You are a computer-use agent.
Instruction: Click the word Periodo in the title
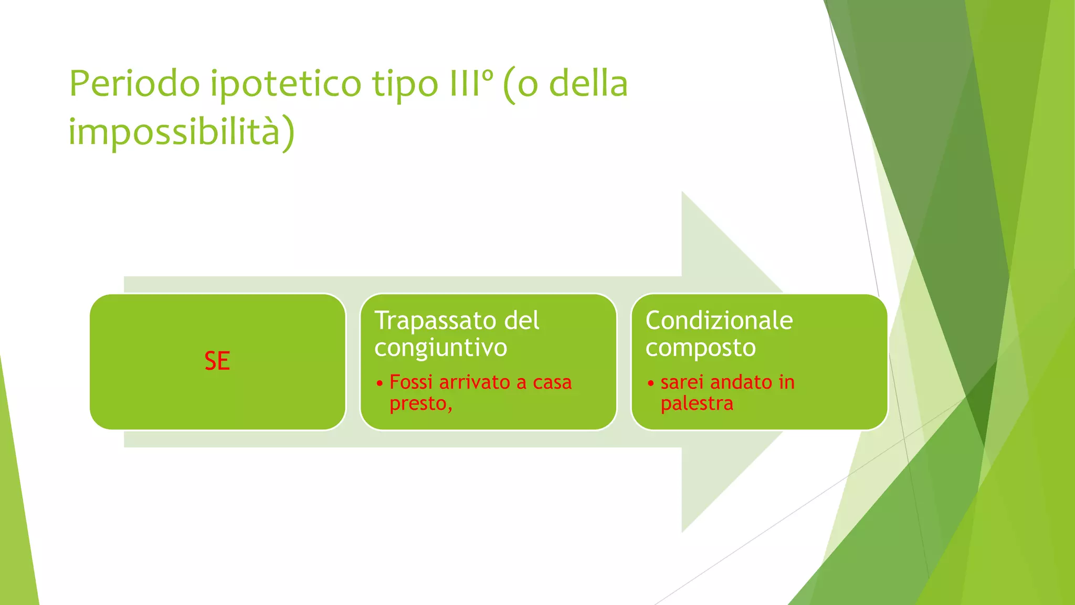(134, 84)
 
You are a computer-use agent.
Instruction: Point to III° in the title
(471, 84)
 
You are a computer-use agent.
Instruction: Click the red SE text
(217, 361)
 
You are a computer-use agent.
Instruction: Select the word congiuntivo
(440, 348)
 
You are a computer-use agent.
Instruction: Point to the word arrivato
(475, 382)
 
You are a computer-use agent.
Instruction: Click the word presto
(420, 404)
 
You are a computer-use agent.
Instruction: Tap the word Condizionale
(719, 320)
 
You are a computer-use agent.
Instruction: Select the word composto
(700, 348)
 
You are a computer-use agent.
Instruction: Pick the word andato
(741, 382)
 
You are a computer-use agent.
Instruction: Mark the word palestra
(697, 404)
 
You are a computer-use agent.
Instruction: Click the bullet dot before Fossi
(380, 383)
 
